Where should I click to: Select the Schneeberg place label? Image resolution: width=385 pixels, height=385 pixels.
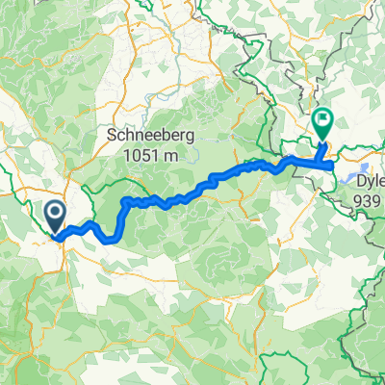(147, 136)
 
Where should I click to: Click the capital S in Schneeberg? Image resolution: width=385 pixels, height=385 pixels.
(109, 136)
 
